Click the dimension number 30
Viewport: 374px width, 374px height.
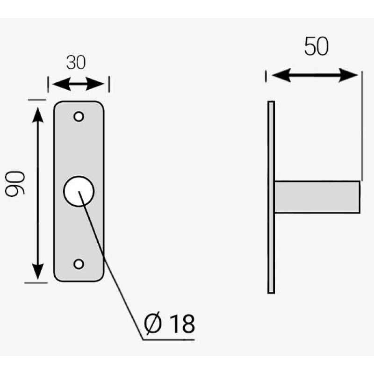(x=76, y=63)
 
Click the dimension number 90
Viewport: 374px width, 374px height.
(x=15, y=184)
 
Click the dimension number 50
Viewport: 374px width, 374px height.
(x=316, y=46)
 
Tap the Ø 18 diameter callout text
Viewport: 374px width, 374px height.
(x=169, y=324)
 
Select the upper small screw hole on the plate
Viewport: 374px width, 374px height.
(x=79, y=116)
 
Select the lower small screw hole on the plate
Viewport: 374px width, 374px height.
(x=79, y=264)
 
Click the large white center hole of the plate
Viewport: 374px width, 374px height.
(x=79, y=191)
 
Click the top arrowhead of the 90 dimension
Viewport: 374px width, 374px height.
(x=38, y=115)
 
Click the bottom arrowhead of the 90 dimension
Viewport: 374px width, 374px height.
(x=38, y=272)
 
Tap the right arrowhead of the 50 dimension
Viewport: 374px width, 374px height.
(x=348, y=75)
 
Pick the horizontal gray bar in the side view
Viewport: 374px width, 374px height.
(x=317, y=197)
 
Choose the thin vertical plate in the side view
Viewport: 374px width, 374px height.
(x=271, y=197)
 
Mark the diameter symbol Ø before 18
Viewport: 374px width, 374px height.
(x=153, y=324)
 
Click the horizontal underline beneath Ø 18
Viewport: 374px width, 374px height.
(x=169, y=339)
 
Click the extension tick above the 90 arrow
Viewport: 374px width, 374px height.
(x=37, y=100)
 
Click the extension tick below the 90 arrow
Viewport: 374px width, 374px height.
(x=36, y=283)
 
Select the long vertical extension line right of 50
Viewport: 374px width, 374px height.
(x=362, y=126)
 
